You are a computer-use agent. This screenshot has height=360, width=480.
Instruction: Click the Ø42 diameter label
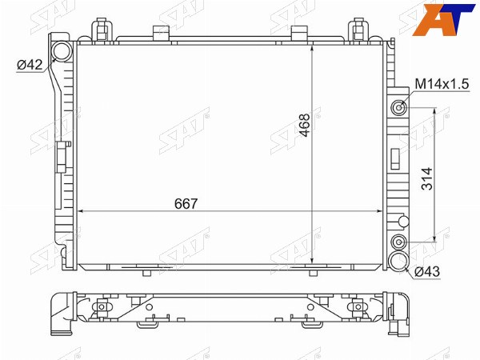30,65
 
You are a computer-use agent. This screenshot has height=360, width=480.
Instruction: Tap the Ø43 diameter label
427,271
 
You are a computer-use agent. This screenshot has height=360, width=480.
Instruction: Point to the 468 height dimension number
305,125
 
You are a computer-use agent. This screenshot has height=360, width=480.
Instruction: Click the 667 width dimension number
186,204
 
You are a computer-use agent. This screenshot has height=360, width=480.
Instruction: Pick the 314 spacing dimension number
427,178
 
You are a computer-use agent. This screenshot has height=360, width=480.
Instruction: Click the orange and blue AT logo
443,20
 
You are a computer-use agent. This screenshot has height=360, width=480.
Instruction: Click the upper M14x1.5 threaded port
399,108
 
